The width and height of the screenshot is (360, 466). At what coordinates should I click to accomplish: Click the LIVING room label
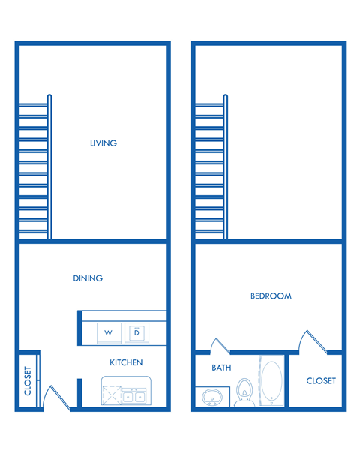pyautogui.click(x=103, y=143)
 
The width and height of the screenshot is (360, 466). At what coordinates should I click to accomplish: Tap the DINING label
pyautogui.click(x=88, y=278)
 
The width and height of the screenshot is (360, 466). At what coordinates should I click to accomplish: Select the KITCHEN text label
pyautogui.click(x=126, y=362)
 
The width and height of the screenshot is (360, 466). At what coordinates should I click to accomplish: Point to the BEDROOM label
pyautogui.click(x=271, y=296)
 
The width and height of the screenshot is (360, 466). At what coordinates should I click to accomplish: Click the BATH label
pyautogui.click(x=221, y=368)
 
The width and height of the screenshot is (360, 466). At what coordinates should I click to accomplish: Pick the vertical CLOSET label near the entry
pyautogui.click(x=28, y=380)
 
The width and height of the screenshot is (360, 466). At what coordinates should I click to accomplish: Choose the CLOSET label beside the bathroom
pyautogui.click(x=321, y=381)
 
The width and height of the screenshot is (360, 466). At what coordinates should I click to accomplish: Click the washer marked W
pyautogui.click(x=109, y=332)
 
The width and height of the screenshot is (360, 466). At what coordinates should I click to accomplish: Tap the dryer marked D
pyautogui.click(x=136, y=332)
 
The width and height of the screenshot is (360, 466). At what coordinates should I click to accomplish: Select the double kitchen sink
pyautogui.click(x=134, y=395)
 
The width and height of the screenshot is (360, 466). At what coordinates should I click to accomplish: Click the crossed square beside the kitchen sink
pyautogui.click(x=112, y=395)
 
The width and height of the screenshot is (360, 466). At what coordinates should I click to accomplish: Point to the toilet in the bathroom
pyautogui.click(x=244, y=392)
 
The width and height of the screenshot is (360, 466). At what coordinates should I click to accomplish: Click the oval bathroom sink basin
pyautogui.click(x=211, y=395)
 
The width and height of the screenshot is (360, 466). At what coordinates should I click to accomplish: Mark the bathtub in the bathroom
pyautogui.click(x=271, y=383)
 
